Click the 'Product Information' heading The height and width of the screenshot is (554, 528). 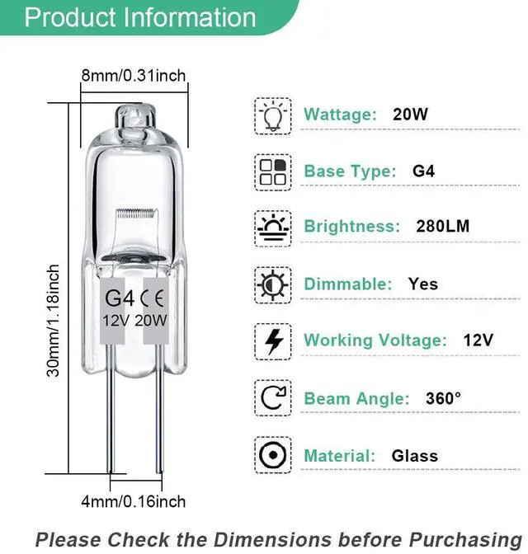click(x=140, y=17)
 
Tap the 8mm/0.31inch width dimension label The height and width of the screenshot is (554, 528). click(x=133, y=76)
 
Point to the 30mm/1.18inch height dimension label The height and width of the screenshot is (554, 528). click(x=54, y=321)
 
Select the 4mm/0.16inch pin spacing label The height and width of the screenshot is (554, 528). click(x=133, y=501)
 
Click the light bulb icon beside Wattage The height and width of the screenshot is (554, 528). click(x=272, y=114)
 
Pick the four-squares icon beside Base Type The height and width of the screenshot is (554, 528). click(x=272, y=171)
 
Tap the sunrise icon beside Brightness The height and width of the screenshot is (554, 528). click(x=272, y=227)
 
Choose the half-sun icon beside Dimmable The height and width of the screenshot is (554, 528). click(x=272, y=284)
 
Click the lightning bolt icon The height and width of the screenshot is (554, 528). click(x=272, y=340)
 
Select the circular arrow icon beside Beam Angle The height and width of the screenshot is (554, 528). click(x=272, y=398)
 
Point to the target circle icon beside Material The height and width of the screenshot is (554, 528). click(x=272, y=455)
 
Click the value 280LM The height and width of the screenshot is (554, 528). click(x=442, y=226)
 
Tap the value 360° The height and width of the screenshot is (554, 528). click(x=443, y=398)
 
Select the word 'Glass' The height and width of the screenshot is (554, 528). click(x=415, y=455)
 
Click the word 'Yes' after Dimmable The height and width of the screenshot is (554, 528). click(x=423, y=284)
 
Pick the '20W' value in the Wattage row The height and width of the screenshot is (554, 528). click(x=410, y=114)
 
